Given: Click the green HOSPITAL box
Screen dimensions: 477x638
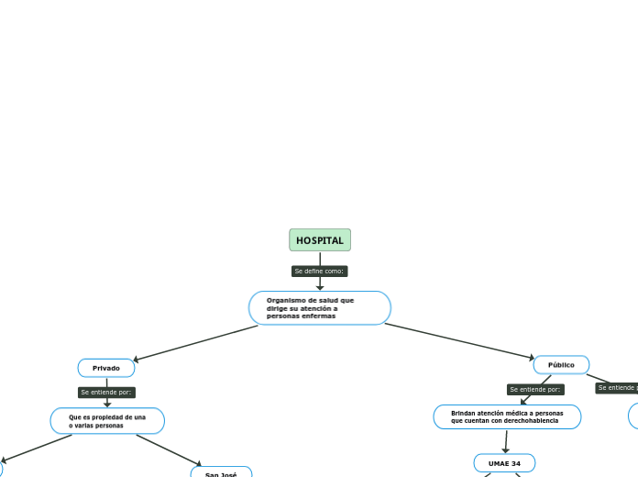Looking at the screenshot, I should pyautogui.click(x=320, y=240).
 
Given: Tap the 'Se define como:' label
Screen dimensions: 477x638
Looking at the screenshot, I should pyautogui.click(x=320, y=272).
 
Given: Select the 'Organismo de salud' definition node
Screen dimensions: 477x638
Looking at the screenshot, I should pyautogui.click(x=320, y=308).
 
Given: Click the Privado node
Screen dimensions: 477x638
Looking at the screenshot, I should pyautogui.click(x=106, y=368).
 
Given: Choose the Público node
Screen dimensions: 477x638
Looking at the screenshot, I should pyautogui.click(x=561, y=365).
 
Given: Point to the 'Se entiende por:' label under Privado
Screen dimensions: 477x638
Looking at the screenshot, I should pyautogui.click(x=107, y=393).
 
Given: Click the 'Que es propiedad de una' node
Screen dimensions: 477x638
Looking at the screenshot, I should pyautogui.click(x=107, y=421).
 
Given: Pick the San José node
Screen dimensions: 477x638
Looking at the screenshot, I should pyautogui.click(x=221, y=473).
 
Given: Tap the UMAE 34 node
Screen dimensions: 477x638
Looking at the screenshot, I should pyautogui.click(x=504, y=463).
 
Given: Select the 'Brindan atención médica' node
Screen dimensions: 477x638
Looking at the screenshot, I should pyautogui.click(x=507, y=417).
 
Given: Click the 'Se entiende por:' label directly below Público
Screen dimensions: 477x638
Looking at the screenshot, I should pyautogui.click(x=535, y=390).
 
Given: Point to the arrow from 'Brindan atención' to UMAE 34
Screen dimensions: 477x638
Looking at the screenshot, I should pyautogui.click(x=505, y=441).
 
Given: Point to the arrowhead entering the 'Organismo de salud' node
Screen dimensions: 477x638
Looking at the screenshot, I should pyautogui.click(x=320, y=287).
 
